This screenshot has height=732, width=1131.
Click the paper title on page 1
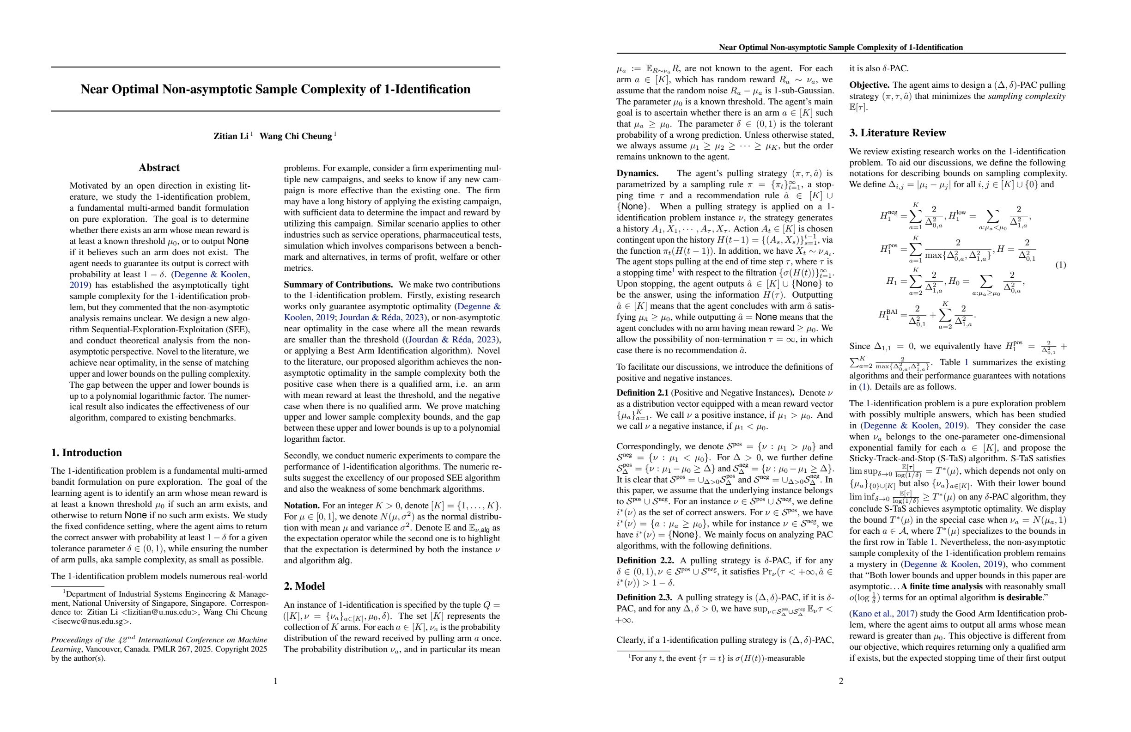[275, 89]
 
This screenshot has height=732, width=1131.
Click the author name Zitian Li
[231, 136]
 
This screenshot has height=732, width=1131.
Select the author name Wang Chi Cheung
[296, 136]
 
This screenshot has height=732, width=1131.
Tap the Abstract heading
[159, 167]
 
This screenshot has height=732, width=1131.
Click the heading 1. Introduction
[86, 452]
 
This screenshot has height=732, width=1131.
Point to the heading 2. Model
[304, 586]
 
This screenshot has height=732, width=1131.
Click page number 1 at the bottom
[276, 681]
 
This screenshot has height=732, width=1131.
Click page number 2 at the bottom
[841, 681]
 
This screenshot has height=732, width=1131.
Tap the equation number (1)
[1060, 265]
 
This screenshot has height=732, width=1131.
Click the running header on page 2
[841, 47]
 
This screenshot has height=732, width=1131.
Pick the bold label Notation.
[302, 505]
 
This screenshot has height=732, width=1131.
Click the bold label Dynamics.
[637, 173]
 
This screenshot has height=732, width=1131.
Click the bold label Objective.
[869, 85]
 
